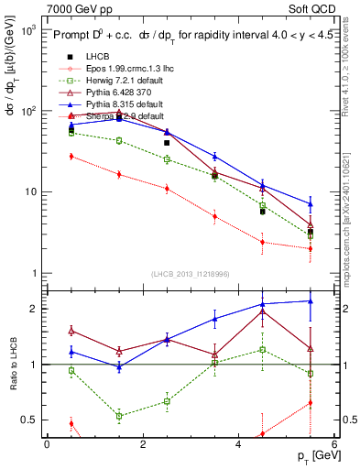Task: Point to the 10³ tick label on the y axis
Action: (x=27, y=29)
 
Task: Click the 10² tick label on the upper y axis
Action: (x=27, y=111)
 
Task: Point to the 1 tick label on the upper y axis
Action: (x=32, y=274)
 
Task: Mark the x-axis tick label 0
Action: (x=47, y=444)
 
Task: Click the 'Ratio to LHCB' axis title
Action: (x=12, y=365)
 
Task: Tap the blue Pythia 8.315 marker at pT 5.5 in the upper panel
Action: (x=311, y=203)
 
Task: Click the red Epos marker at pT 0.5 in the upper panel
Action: (x=71, y=157)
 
